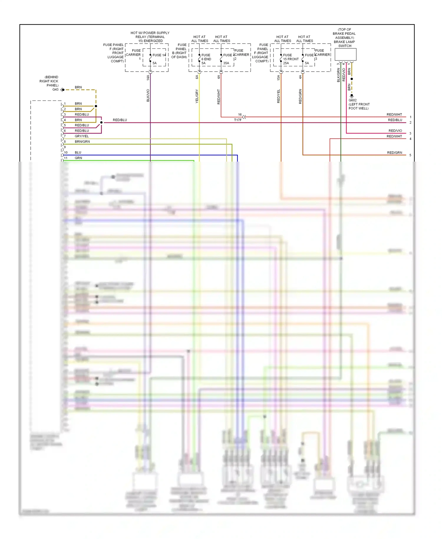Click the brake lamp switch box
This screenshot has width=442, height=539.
[x=345, y=55]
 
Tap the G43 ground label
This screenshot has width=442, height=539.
[x=55, y=89]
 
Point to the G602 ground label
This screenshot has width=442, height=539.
[x=352, y=100]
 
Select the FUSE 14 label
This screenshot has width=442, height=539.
[x=159, y=55]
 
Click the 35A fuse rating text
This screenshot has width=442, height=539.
[x=226, y=63]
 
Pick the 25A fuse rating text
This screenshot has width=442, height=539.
[x=286, y=63]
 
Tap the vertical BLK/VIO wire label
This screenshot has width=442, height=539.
[x=148, y=96]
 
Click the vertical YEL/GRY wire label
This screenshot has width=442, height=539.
[x=197, y=96]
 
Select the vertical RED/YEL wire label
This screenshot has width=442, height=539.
[x=278, y=96]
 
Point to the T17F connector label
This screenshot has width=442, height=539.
[x=238, y=120]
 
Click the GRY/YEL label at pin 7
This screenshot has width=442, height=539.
[x=82, y=136]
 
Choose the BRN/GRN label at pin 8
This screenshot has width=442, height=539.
[x=82, y=142]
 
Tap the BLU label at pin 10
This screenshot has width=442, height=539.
[x=78, y=152]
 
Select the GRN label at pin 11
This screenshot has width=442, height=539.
[x=78, y=158]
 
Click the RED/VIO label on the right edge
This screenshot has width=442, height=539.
[x=395, y=131]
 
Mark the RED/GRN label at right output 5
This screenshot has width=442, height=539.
[x=394, y=153]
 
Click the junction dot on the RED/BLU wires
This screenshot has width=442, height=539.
[x=101, y=122]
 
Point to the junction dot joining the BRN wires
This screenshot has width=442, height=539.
[x=96, y=106]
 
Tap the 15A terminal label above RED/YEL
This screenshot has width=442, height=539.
[x=278, y=78]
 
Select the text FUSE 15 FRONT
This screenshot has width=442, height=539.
[x=291, y=57]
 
